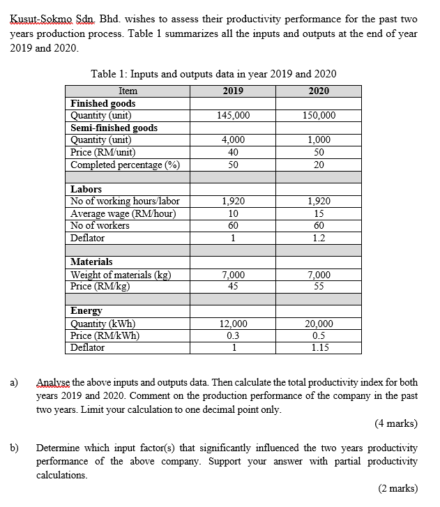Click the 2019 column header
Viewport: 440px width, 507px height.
point(233,91)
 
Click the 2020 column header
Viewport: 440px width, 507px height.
point(318,91)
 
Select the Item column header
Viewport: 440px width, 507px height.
point(128,91)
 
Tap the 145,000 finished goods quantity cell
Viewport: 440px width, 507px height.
point(234,115)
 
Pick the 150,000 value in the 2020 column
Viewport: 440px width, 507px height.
point(319,115)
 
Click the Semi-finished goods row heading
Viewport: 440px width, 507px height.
point(114,128)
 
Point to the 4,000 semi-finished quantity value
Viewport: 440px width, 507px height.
point(234,139)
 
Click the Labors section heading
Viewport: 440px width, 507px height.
point(86,189)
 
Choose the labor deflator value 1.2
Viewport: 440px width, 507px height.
point(319,238)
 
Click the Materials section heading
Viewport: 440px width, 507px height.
point(92,262)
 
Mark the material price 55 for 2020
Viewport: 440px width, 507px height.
point(319,286)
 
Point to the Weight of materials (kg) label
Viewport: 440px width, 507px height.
point(121,274)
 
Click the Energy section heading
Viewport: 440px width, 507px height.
point(87,310)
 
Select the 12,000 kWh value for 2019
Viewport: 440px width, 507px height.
point(234,323)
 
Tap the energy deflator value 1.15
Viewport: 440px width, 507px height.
point(319,347)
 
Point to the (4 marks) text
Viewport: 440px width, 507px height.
point(395,423)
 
